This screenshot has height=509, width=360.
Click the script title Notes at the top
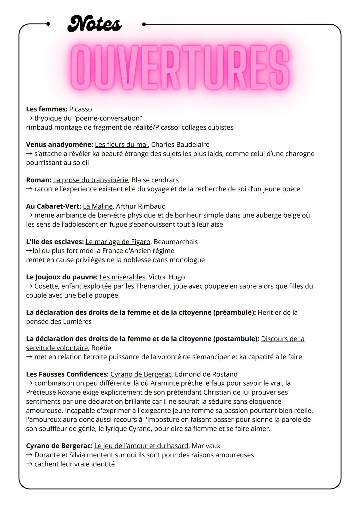pyautogui.click(x=95, y=24)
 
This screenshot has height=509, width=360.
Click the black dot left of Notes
pyautogui.click(x=48, y=24)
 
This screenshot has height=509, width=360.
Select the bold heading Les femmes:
pyautogui.click(x=47, y=109)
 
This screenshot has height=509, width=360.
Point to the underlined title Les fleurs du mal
pyautogui.click(x=121, y=144)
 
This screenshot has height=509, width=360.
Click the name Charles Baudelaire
pyautogui.click(x=180, y=144)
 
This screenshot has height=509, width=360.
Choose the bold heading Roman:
pyautogui.click(x=39, y=180)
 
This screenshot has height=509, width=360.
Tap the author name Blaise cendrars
pyautogui.click(x=155, y=180)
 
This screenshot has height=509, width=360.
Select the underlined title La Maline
pyautogui.click(x=98, y=206)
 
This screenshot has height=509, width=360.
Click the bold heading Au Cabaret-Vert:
pyautogui.click(x=53, y=206)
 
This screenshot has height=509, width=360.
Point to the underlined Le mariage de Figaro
pyautogui.click(x=118, y=242)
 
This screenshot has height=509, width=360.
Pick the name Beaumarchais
pyautogui.click(x=176, y=242)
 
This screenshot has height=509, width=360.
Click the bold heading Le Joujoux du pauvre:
pyautogui.click(x=62, y=277)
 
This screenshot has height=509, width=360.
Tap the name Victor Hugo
pyautogui.click(x=167, y=277)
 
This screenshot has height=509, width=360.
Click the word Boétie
pyautogui.click(x=101, y=348)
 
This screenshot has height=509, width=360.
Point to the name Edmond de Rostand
pyautogui.click(x=206, y=374)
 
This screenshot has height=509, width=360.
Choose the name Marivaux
pyautogui.click(x=206, y=446)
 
